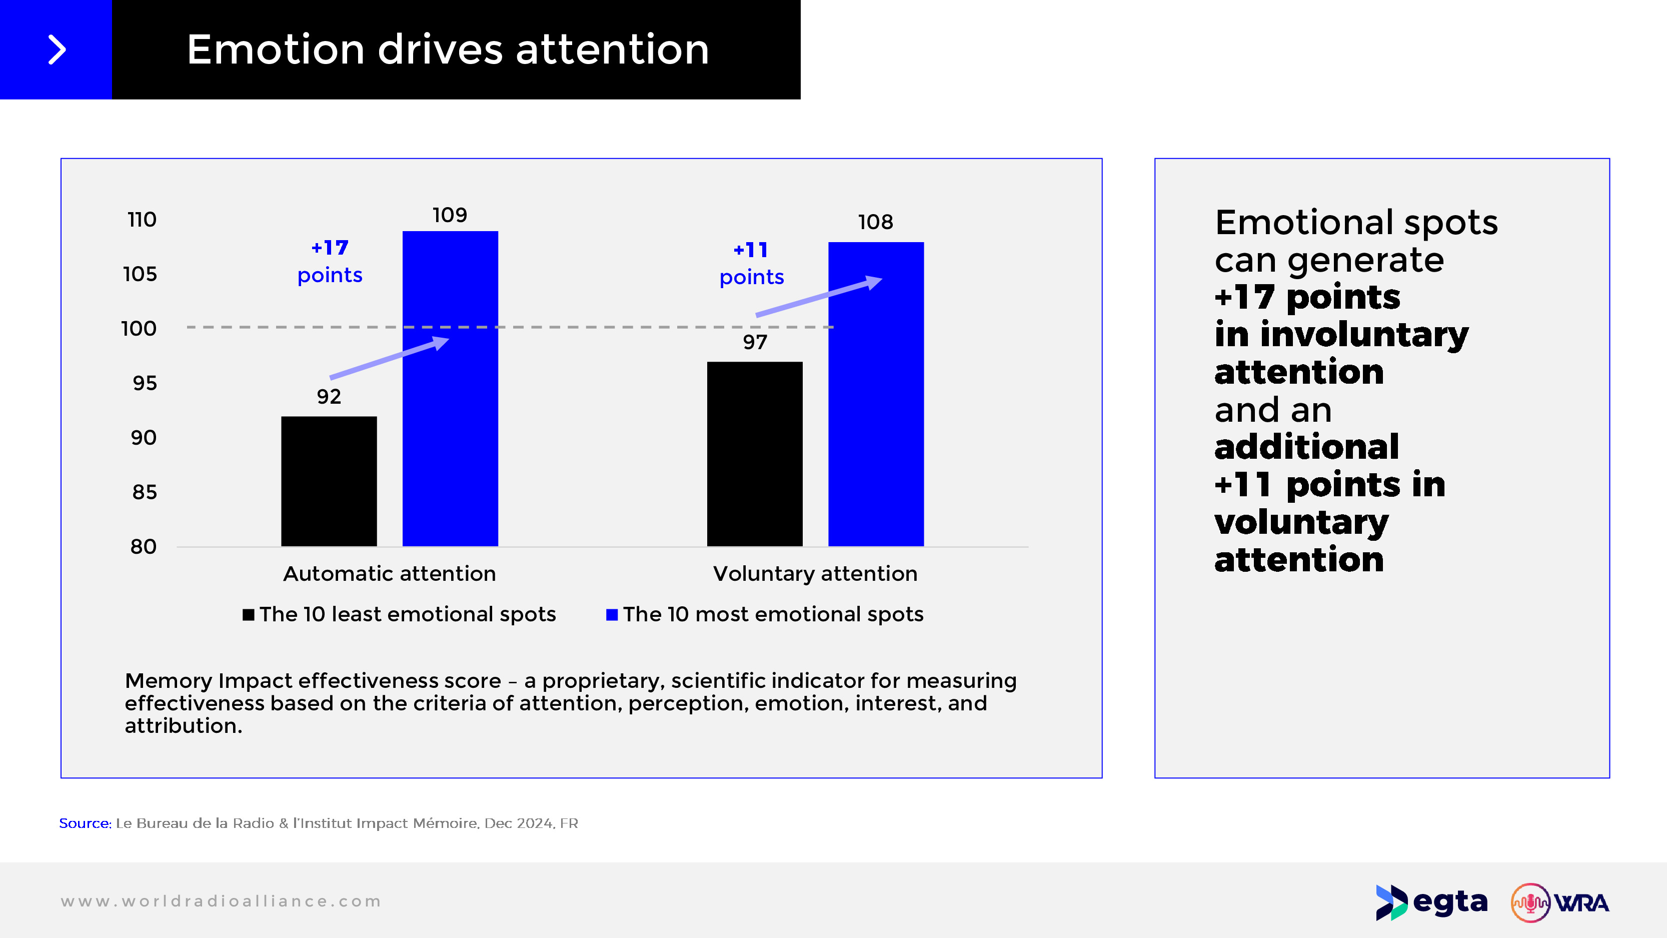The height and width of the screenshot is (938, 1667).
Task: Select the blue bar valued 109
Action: tap(451, 388)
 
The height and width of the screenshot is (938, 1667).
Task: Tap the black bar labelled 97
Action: tap(755, 454)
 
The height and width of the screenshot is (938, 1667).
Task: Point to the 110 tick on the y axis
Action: tap(142, 220)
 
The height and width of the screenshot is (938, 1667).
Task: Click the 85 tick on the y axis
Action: tap(145, 492)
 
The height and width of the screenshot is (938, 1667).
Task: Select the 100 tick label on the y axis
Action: tap(139, 328)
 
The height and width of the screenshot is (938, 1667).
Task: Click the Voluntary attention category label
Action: tap(815, 573)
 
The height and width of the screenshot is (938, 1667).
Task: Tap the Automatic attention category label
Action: tap(390, 573)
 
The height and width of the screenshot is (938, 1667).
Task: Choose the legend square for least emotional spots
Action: tap(249, 614)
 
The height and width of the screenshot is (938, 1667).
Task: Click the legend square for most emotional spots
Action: tap(612, 614)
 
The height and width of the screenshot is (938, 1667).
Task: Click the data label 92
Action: tap(329, 396)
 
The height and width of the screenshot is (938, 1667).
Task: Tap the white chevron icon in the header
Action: tap(57, 50)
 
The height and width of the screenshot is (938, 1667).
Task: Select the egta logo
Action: tap(1431, 902)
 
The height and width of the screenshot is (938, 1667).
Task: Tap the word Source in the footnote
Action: tap(85, 823)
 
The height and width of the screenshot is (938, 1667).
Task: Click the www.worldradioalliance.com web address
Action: tap(221, 901)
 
